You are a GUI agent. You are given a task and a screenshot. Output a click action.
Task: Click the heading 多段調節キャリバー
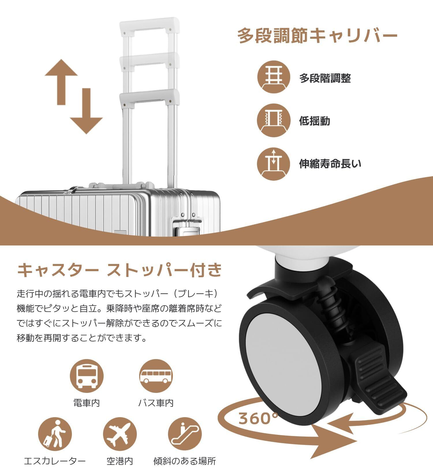[317, 36]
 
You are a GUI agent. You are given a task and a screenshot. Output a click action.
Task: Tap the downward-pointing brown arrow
[86, 111]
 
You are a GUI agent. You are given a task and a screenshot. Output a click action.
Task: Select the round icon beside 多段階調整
[273, 77]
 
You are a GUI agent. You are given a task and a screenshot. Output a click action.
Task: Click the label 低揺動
[314, 121]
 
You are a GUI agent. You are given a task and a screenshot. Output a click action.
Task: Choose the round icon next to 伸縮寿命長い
[273, 164]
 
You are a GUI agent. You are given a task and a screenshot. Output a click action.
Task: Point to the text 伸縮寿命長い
[330, 164]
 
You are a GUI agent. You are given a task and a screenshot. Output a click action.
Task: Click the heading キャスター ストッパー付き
[120, 270]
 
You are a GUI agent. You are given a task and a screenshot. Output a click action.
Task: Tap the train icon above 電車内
[87, 376]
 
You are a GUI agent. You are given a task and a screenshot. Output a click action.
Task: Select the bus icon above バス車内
[156, 376]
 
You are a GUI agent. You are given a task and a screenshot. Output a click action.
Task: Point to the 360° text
[258, 418]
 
